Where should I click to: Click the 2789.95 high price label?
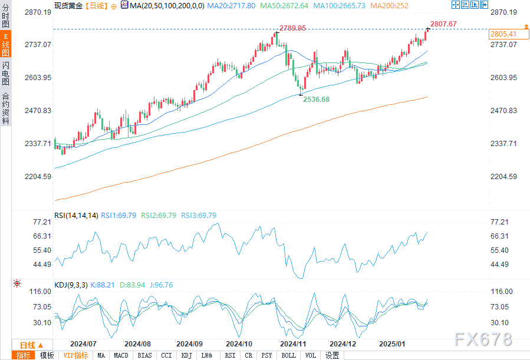(x=292, y=28)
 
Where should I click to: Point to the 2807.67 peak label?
(x=444, y=24)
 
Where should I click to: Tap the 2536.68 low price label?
(x=316, y=100)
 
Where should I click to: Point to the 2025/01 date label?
(x=392, y=344)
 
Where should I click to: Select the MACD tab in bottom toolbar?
(x=121, y=355)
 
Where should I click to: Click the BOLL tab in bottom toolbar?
(x=288, y=355)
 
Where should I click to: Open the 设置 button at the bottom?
(x=333, y=355)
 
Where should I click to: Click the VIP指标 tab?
(x=75, y=355)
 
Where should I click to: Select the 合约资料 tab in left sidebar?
(x=6, y=108)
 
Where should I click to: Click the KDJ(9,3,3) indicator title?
(x=71, y=285)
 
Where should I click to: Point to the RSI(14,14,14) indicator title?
(x=76, y=216)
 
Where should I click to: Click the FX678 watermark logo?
(x=483, y=339)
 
